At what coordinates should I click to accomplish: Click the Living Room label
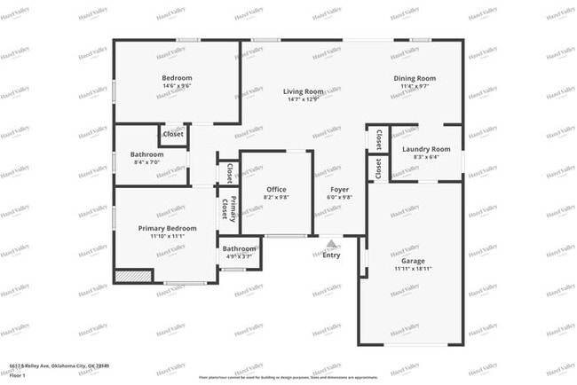click(x=303, y=91)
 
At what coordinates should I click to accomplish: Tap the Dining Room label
click(x=415, y=78)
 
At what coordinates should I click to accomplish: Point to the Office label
click(x=276, y=189)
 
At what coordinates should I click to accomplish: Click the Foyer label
click(x=340, y=189)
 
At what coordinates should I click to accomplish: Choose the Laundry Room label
click(x=426, y=149)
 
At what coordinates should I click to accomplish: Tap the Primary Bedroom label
click(x=167, y=228)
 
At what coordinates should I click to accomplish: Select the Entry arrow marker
click(x=331, y=243)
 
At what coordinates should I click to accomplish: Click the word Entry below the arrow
click(x=331, y=255)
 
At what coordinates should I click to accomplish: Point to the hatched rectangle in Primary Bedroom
click(x=133, y=276)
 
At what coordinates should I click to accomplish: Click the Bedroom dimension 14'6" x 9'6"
click(x=171, y=86)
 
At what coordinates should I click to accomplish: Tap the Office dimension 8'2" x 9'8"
click(x=276, y=198)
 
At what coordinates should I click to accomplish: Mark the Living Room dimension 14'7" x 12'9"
click(x=303, y=99)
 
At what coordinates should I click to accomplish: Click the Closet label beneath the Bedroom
click(x=172, y=134)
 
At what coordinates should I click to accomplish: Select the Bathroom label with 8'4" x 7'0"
click(x=146, y=154)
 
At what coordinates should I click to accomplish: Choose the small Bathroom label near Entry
click(x=239, y=249)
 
